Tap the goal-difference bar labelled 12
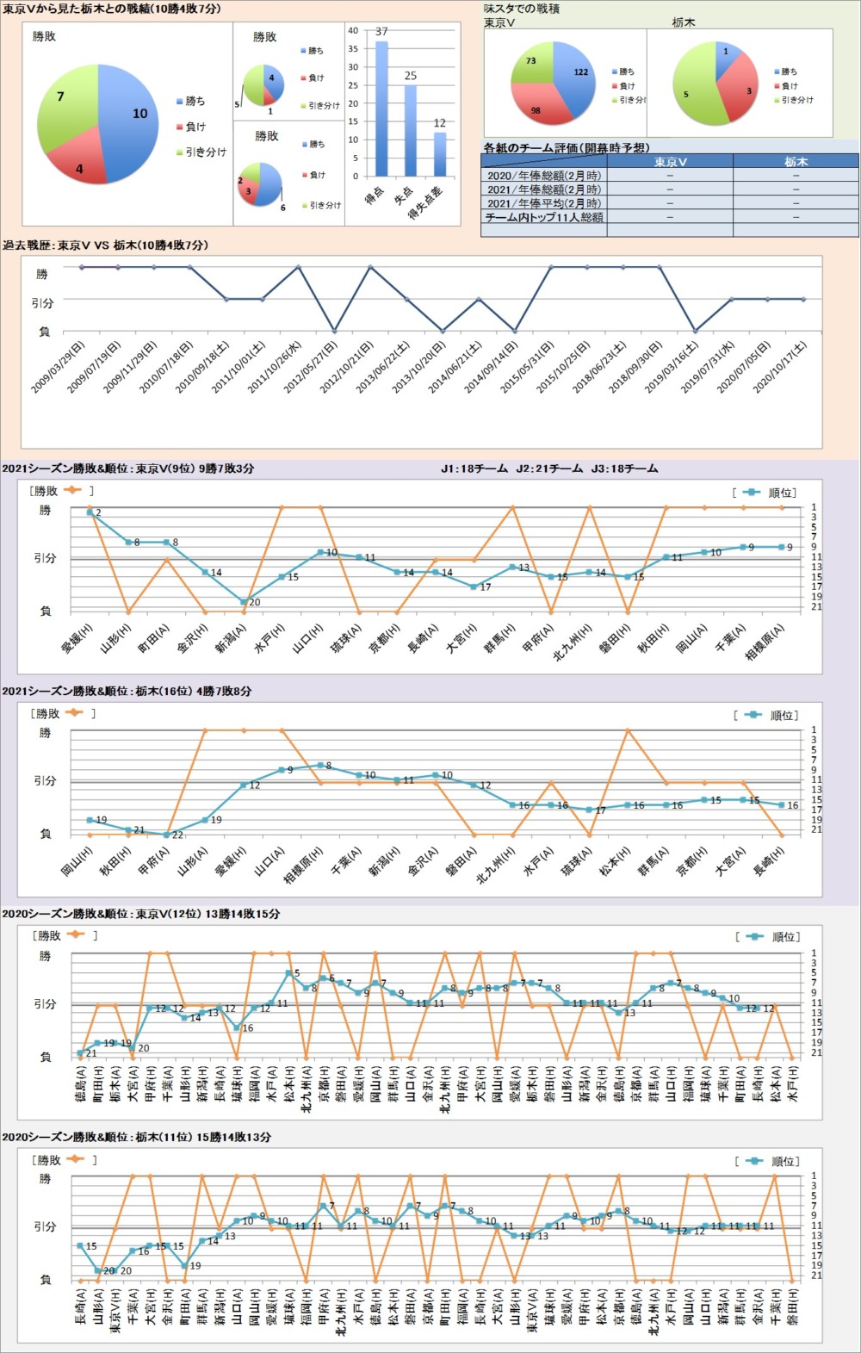tap(440, 154)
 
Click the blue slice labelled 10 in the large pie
tap(129, 116)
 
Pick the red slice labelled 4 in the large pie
tap(78, 164)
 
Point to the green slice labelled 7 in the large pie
tap(65, 103)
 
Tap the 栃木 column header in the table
tap(796, 162)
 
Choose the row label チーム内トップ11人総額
tap(544, 218)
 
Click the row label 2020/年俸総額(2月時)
tap(544, 176)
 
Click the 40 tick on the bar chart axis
tap(353, 30)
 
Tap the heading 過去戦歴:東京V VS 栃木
tap(105, 245)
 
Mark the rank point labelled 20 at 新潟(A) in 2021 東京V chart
tap(244, 602)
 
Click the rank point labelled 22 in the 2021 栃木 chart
tap(166, 835)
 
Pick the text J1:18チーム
tap(474, 469)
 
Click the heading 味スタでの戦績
tap(522, 9)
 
